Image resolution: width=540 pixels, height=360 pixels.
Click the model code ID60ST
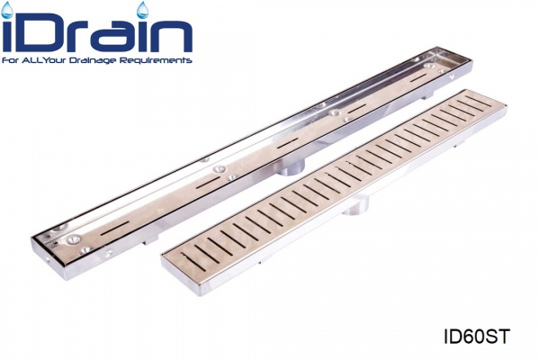tap(476, 337)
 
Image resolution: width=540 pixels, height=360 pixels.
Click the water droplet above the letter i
tap(7, 10)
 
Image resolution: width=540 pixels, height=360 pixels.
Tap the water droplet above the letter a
tap(142, 10)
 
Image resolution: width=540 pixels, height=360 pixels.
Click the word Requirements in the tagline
tap(156, 60)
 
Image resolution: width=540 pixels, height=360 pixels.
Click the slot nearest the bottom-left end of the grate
tap(193, 262)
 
